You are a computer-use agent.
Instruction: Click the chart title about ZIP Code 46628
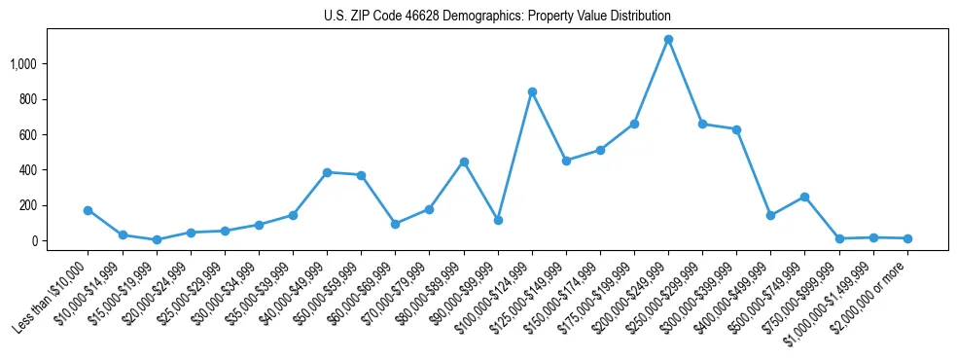pos(497,17)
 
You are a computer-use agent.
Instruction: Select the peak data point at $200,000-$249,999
pos(668,40)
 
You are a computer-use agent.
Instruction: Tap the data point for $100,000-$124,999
pos(532,91)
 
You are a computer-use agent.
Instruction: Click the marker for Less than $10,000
pos(88,210)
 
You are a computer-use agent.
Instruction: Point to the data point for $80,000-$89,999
pos(464,162)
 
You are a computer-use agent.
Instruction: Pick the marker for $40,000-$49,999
pos(327,172)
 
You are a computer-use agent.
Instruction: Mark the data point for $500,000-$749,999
pos(804,197)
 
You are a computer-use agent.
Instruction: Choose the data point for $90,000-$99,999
pos(498,220)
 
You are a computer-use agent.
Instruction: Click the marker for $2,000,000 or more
pos(907,238)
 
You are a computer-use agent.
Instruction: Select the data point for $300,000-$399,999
pos(736,129)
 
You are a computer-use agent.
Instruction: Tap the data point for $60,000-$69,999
pos(395,224)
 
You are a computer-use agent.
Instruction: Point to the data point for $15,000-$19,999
pos(156,239)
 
